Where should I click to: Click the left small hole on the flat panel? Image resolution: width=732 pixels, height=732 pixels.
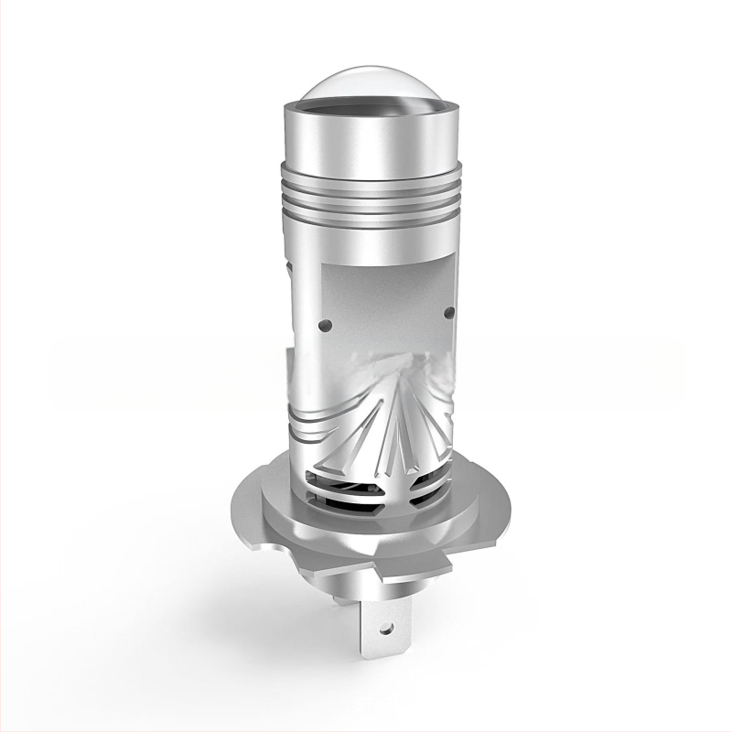pos(323,324)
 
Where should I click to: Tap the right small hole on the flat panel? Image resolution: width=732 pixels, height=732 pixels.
pos(447,314)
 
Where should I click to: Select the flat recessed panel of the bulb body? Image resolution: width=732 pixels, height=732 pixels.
pos(384,293)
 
